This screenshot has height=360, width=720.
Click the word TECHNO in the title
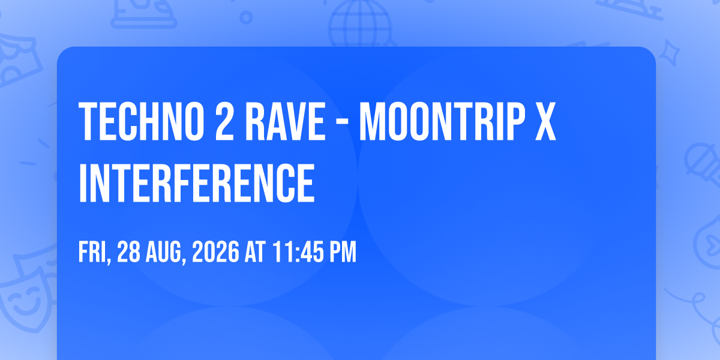click(x=141, y=121)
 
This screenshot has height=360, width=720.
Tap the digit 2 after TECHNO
click(x=224, y=121)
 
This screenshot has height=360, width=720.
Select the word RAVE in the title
click(x=286, y=121)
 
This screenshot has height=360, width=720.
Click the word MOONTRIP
click(x=442, y=121)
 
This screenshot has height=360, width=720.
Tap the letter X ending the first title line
click(x=545, y=121)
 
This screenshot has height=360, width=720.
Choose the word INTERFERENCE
click(x=196, y=182)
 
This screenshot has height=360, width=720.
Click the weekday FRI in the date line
click(x=95, y=253)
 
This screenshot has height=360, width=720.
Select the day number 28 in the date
click(x=128, y=252)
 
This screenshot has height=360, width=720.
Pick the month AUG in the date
click(x=166, y=253)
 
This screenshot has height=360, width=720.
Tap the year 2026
click(x=215, y=252)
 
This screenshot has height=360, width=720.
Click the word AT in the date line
click(x=255, y=252)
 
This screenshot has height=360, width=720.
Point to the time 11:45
click(x=298, y=252)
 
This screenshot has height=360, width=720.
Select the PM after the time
click(x=343, y=252)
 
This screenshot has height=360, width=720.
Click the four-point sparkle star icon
click(x=669, y=53)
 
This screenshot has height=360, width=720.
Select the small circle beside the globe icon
click(x=246, y=17)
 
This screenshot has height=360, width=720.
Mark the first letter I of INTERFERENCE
click(x=83, y=183)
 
